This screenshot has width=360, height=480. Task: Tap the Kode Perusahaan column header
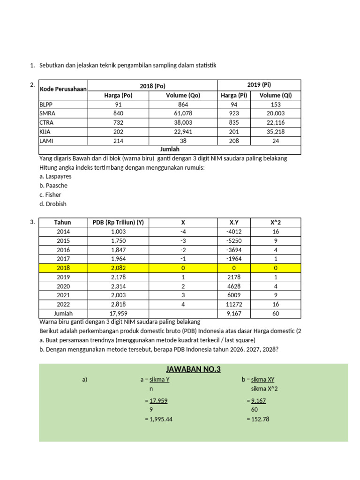pyautogui.click(x=63, y=90)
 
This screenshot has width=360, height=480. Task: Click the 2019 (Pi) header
pyautogui.click(x=259, y=85)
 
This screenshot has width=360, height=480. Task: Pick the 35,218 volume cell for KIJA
pyautogui.click(x=276, y=132)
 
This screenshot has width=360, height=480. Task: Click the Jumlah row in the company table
pyautogui.click(x=170, y=149)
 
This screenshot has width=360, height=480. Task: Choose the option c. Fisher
pyautogui.click(x=51, y=195)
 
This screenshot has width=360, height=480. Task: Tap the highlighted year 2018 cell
pyautogui.click(x=63, y=268)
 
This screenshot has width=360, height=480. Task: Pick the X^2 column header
pyautogui.click(x=276, y=223)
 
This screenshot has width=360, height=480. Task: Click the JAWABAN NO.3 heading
pyautogui.click(x=193, y=370)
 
